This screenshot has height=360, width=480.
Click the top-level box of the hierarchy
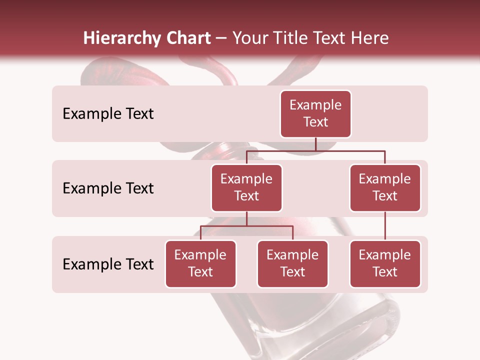click(x=315, y=113)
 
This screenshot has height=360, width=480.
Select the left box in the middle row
click(x=246, y=187)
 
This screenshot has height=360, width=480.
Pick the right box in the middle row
click(x=385, y=187)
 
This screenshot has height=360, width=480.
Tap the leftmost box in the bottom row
click(x=200, y=263)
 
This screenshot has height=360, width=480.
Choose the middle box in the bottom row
click(x=292, y=263)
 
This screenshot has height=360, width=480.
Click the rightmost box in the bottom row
click(x=385, y=263)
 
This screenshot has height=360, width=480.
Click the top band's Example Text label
click(x=108, y=114)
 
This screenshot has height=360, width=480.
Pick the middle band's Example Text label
click(x=108, y=188)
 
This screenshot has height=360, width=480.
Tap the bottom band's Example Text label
click(x=108, y=264)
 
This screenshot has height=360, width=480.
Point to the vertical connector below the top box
click(x=315, y=144)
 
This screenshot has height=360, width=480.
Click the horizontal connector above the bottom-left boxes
click(x=246, y=226)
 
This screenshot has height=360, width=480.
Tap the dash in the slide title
click(x=221, y=39)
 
